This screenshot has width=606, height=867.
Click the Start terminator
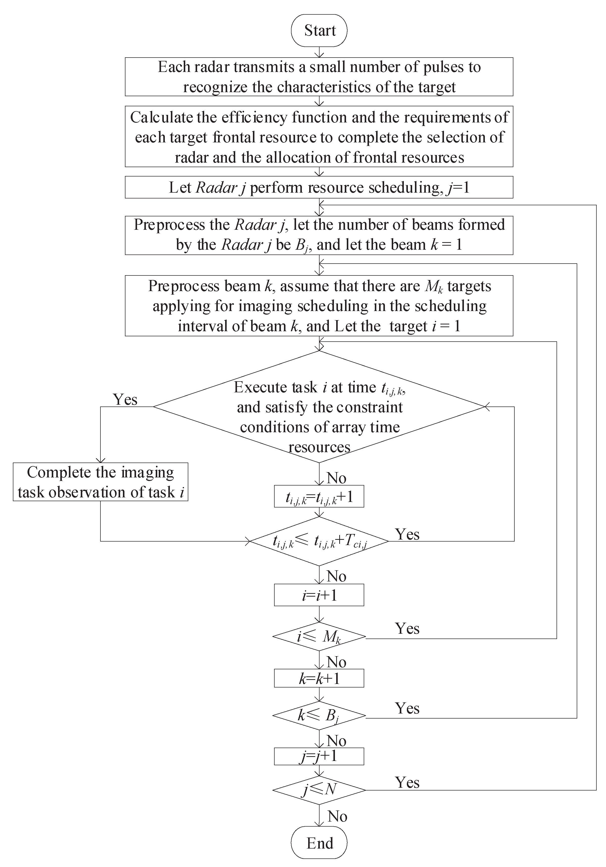tap(319, 31)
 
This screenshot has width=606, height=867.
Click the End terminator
tap(319, 843)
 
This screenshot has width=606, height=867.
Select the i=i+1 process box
tap(319, 595)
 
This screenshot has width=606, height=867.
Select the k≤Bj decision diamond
tap(319, 715)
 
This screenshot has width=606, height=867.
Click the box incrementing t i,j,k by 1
tap(319, 497)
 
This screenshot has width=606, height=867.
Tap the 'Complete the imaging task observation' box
tap(100, 482)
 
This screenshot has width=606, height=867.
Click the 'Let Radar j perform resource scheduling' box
tap(319, 187)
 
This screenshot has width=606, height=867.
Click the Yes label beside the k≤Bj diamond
tap(407, 708)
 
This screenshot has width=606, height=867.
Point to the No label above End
tap(337, 817)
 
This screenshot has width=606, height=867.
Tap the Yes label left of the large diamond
tap(125, 399)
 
